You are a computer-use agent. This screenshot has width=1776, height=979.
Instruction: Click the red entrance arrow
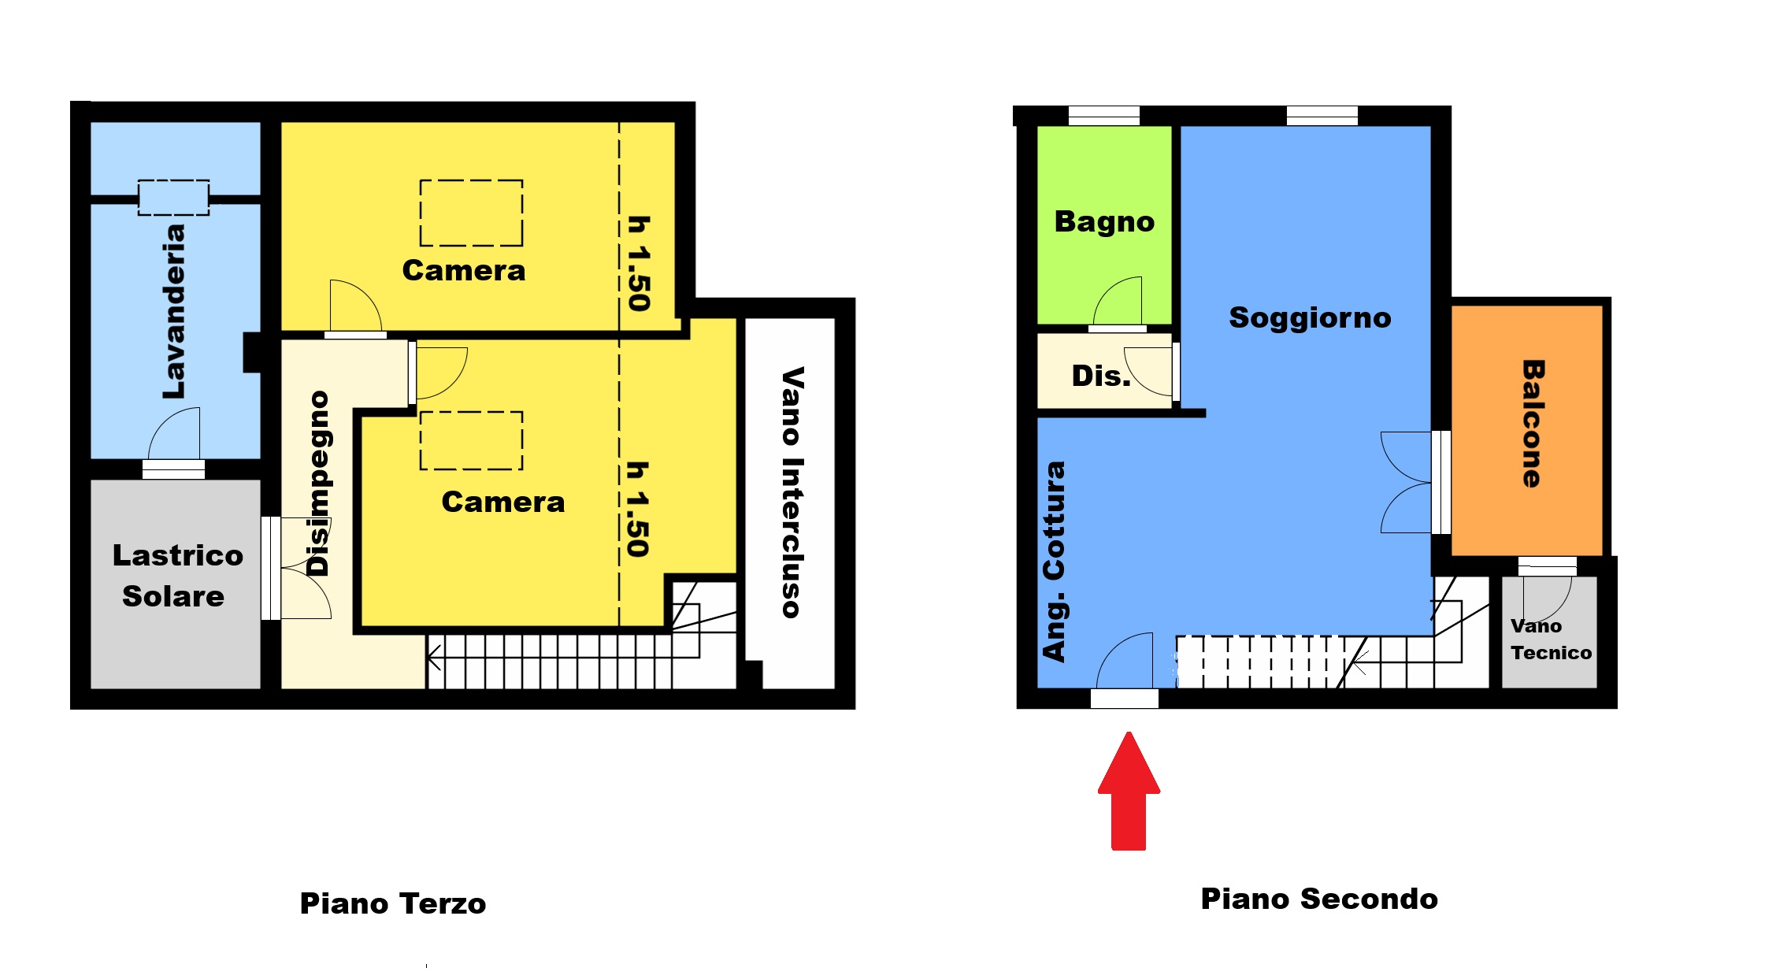pyautogui.click(x=1129, y=792)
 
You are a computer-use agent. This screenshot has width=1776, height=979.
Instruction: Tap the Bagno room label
pyautogui.click(x=1104, y=223)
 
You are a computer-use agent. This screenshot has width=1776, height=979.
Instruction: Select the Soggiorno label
pyautogui.click(x=1310, y=317)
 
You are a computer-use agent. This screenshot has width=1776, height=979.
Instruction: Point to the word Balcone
pyautogui.click(x=1533, y=424)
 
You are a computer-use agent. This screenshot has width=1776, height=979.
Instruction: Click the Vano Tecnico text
pyautogui.click(x=1551, y=640)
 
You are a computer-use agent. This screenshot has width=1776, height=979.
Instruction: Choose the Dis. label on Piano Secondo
pyautogui.click(x=1101, y=376)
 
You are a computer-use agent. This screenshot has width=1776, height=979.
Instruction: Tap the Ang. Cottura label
pyautogui.click(x=1054, y=561)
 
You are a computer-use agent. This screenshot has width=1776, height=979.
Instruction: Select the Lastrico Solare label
pyautogui.click(x=177, y=576)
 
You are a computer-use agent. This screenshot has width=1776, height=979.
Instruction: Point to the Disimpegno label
pyautogui.click(x=318, y=483)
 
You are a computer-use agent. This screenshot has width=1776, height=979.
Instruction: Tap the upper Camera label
pyautogui.click(x=463, y=271)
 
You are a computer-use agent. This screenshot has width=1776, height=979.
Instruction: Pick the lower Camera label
pyautogui.click(x=502, y=502)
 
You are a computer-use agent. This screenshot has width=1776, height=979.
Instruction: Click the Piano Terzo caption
pyautogui.click(x=392, y=903)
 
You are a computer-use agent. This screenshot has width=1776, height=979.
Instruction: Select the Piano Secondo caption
pyautogui.click(x=1319, y=899)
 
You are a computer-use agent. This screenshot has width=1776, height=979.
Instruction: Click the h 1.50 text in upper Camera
pyautogui.click(x=639, y=264)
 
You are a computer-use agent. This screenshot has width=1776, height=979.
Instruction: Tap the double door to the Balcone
pyautogui.click(x=1406, y=482)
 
